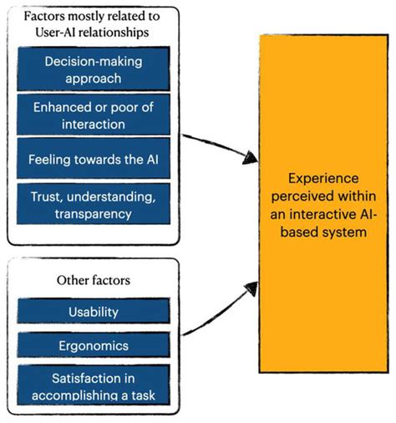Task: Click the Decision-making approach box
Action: (x=94, y=69)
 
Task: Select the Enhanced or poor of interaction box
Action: (x=94, y=115)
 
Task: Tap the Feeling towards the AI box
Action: (x=94, y=158)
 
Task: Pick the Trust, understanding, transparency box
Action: (x=94, y=204)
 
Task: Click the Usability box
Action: (x=94, y=311)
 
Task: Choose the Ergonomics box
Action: (x=94, y=345)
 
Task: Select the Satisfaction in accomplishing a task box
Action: (x=94, y=385)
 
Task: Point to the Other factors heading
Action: (x=94, y=280)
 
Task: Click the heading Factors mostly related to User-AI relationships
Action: (x=92, y=24)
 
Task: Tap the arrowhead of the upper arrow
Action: (x=251, y=157)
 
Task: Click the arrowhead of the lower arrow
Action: (x=251, y=288)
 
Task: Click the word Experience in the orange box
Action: (x=323, y=179)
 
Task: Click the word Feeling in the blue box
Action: (x=49, y=160)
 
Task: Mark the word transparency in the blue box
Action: (x=94, y=215)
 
